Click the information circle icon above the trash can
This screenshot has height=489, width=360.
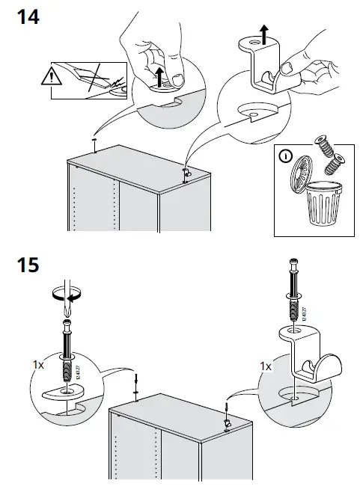(x=284, y=158)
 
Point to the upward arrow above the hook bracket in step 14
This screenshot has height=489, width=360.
(x=263, y=32)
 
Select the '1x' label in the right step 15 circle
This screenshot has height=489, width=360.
(x=266, y=366)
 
